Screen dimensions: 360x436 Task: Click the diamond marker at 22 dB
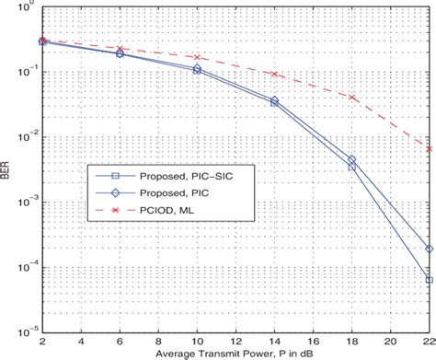[430, 249]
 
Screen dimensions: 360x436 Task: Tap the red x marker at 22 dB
[430, 148]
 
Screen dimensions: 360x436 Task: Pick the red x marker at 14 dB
[274, 74]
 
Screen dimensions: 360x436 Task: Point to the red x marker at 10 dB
[197, 57]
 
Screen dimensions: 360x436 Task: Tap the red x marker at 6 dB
[120, 48]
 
